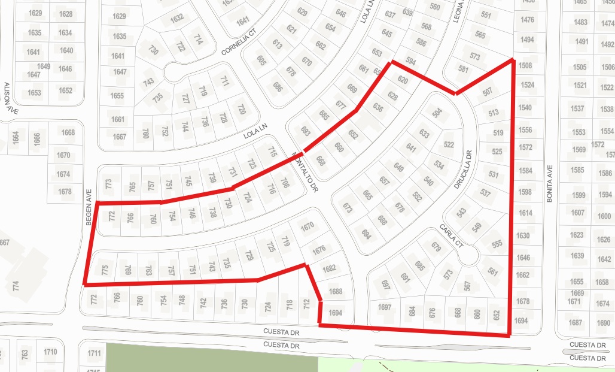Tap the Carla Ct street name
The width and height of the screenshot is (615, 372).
click(x=451, y=236)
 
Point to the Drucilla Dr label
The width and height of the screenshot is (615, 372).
click(x=464, y=170)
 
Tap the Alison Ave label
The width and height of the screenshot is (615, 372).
click(x=7, y=98)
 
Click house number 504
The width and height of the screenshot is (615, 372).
click(x=437, y=112)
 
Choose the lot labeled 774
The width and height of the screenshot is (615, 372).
click(x=16, y=286)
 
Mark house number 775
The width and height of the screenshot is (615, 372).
click(x=105, y=270)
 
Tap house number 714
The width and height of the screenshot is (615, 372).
click(x=199, y=39)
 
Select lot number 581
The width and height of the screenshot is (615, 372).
click(x=462, y=69)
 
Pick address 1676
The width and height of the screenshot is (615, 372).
click(x=319, y=249)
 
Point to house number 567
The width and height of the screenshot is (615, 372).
click(x=468, y=286)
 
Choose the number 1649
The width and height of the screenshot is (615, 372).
click(x=44, y=66)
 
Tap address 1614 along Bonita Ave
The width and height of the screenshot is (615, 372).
click(x=525, y=213)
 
